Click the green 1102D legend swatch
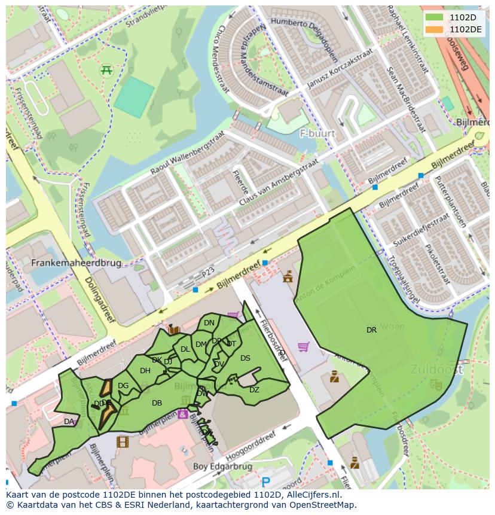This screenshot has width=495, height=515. (x=435, y=17)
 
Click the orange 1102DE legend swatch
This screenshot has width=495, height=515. (x=435, y=29)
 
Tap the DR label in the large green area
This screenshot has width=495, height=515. (x=371, y=330)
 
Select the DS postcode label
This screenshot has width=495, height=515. (x=245, y=358)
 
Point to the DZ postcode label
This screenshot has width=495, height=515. (x=254, y=390)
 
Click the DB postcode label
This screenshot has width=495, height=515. (x=157, y=403)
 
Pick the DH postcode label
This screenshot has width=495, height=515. (x=145, y=371)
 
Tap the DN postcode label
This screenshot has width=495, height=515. (x=209, y=323)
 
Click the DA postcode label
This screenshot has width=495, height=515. (x=69, y=422)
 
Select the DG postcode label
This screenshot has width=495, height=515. (x=123, y=386)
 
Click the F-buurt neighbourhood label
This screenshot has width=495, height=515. (x=317, y=133)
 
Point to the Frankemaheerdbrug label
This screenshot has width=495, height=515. (x=76, y=263)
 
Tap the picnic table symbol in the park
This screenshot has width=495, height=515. (x=107, y=70)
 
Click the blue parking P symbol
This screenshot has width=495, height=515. (x=266, y=482)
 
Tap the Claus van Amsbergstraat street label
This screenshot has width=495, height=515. (x=278, y=183)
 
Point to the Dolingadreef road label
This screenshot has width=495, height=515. (x=100, y=298)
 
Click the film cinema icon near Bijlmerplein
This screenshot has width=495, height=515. (x=122, y=442)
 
